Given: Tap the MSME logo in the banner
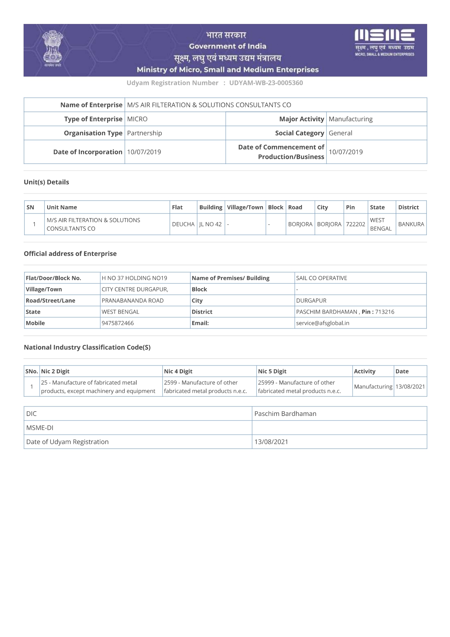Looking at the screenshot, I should pyautogui.click(x=384, y=42).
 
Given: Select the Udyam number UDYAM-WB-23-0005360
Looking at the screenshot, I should pyautogui.click(x=266, y=83).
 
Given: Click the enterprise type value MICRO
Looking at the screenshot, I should pyautogui.click(x=137, y=119).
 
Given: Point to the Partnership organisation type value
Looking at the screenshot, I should pyautogui.click(x=144, y=133).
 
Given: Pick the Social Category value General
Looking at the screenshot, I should pyautogui.click(x=340, y=133).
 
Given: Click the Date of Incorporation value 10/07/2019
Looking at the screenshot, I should pyautogui.click(x=144, y=152).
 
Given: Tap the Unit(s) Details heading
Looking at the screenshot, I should pyautogui.click(x=46, y=182).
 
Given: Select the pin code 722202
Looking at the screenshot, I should pyautogui.click(x=355, y=224).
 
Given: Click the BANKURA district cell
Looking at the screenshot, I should pyautogui.click(x=411, y=224).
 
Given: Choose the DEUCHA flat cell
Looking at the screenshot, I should pyautogui.click(x=183, y=224).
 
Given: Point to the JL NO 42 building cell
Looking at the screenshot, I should pyautogui.click(x=210, y=224).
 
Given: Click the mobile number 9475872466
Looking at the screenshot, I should pyautogui.click(x=117, y=323).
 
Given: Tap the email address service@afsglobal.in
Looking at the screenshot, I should pyautogui.click(x=322, y=323).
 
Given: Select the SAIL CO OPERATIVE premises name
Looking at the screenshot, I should pyautogui.click(x=321, y=278).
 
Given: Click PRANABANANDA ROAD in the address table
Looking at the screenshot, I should pyautogui.click(x=132, y=301).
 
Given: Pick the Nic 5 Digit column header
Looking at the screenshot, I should pyautogui.click(x=272, y=371).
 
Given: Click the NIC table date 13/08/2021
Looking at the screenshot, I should pyautogui.click(x=410, y=387).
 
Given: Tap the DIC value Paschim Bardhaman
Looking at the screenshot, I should pyautogui.click(x=285, y=414).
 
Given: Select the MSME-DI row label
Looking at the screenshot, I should pyautogui.click(x=40, y=428).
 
